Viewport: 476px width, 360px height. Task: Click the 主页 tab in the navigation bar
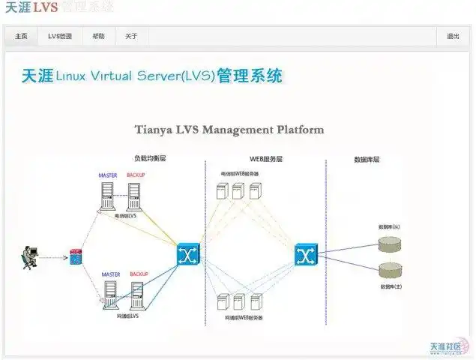click(21, 36)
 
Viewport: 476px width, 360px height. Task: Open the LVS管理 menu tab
click(60, 36)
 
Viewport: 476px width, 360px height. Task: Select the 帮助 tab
click(98, 36)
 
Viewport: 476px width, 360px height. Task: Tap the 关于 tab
click(131, 36)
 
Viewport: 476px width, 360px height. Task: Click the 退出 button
click(453, 36)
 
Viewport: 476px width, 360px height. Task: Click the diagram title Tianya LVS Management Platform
click(229, 129)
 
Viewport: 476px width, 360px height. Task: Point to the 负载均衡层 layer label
click(149, 159)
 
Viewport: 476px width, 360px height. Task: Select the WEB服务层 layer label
click(266, 159)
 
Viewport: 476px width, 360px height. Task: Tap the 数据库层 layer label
click(367, 159)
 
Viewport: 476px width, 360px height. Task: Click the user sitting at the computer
click(28, 258)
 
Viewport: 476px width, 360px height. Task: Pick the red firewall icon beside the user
click(76, 257)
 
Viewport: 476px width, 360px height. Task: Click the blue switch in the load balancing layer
click(188, 254)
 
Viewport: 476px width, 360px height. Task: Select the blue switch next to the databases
click(305, 255)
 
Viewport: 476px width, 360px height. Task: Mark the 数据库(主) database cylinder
click(390, 270)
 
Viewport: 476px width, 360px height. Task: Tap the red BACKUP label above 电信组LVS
click(136, 175)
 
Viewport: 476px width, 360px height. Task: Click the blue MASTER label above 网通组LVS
click(111, 274)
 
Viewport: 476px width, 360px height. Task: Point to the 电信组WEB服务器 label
click(239, 173)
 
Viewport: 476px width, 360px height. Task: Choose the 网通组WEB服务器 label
click(244, 318)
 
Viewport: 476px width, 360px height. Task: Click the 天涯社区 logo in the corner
click(446, 348)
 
